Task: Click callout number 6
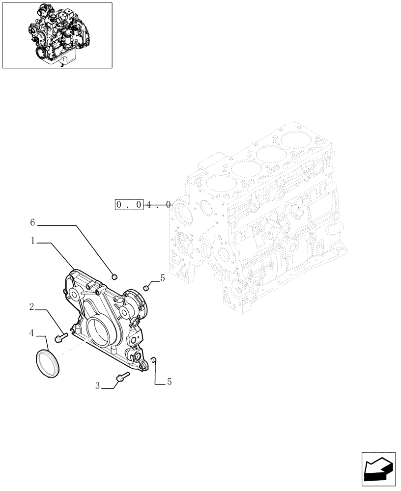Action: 32,223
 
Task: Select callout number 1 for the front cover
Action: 32,241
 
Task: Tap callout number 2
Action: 31,308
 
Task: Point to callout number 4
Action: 31,333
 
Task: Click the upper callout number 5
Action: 163,278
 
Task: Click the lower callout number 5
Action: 170,381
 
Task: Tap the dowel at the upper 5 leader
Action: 145,287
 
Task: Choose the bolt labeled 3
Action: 122,377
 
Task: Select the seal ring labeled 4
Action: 48,364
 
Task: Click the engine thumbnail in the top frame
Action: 57,35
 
